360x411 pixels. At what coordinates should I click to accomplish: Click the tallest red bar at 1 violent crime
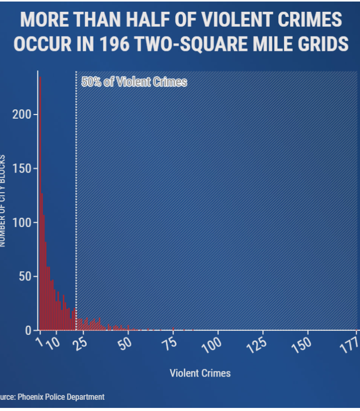pos(40,206)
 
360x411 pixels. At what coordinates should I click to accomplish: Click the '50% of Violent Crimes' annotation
pos(134,82)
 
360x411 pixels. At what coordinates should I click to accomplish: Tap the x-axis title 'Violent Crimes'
pos(200,373)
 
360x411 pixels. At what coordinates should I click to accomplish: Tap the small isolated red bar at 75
pos(174,328)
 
